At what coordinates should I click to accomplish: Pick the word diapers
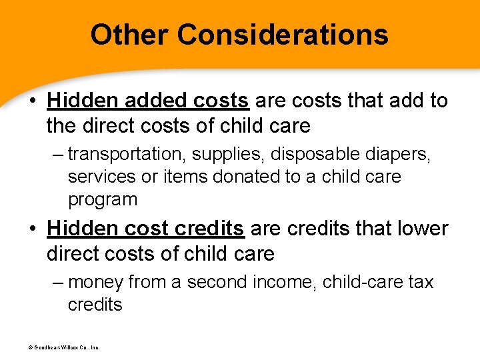(400, 155)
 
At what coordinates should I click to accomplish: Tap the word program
(103, 199)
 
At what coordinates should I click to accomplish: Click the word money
(96, 283)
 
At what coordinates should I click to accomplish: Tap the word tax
(421, 283)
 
